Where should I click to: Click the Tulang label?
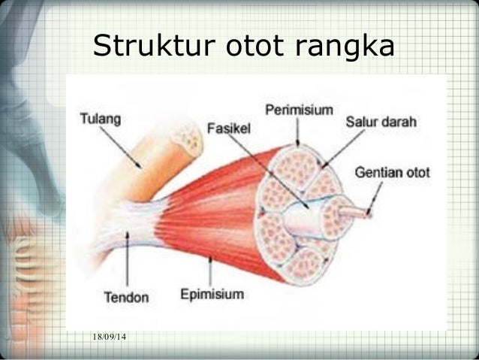tap(101, 119)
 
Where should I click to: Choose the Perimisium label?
tap(299, 110)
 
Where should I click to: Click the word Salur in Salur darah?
tap(361, 122)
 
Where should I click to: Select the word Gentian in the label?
tap(380, 172)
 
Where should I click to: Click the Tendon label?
tap(125, 297)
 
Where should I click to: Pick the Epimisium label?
tap(212, 294)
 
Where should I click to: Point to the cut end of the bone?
tap(186, 139)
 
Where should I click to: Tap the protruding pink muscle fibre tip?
tap(354, 212)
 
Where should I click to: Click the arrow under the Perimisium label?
tap(297, 132)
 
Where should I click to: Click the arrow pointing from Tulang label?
tap(125, 147)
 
